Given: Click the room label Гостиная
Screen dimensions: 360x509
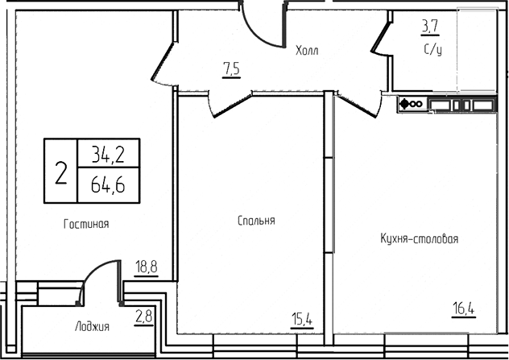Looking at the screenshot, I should (85, 224).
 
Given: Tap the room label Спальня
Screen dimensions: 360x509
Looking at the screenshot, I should (256, 220).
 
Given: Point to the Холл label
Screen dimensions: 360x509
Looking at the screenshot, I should (307, 51).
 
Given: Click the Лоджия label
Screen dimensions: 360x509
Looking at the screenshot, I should (92, 326).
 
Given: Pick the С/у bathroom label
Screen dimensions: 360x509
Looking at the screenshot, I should (433, 49).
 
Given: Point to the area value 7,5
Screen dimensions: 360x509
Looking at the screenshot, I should (231, 69).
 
